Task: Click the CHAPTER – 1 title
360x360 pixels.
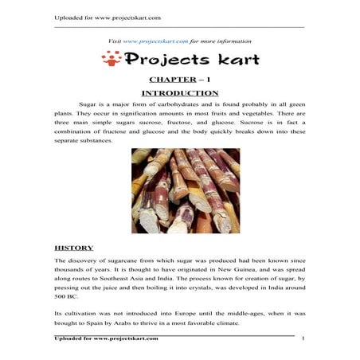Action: point(179,80)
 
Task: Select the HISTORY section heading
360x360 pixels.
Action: point(73,248)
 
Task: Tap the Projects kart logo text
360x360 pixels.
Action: point(188,59)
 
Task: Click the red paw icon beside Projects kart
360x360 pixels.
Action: point(111,58)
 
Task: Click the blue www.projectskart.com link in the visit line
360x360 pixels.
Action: point(155,41)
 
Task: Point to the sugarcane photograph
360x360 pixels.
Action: point(186,191)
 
